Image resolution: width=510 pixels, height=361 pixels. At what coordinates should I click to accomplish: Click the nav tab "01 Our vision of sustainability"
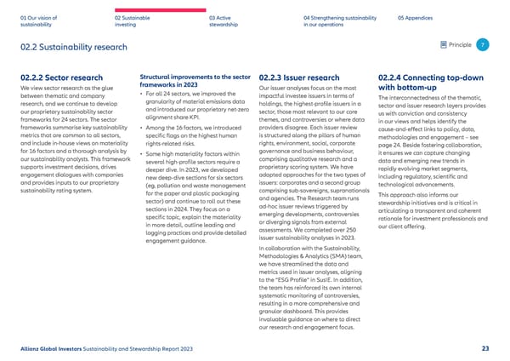pyautogui.click(x=38, y=20)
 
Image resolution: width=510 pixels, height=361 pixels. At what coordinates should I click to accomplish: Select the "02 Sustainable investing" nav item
pyautogui.click(x=134, y=20)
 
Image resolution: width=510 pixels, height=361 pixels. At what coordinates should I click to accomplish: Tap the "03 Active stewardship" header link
pyautogui.click(x=227, y=20)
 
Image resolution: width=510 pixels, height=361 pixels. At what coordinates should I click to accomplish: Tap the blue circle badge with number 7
pyautogui.click(x=482, y=44)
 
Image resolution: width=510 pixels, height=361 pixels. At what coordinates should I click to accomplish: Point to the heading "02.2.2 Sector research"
pyautogui.click(x=56, y=77)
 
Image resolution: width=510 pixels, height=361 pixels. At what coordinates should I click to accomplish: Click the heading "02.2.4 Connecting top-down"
pyautogui.click(x=429, y=77)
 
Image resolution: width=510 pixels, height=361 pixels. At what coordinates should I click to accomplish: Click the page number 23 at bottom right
pyautogui.click(x=484, y=347)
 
